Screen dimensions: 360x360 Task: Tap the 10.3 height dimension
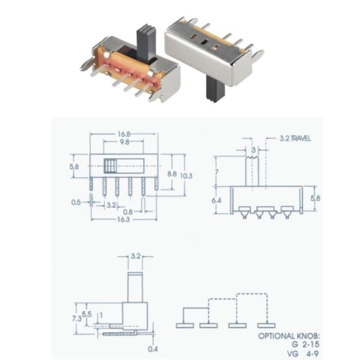[187, 175]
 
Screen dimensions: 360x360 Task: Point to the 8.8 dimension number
[172, 173]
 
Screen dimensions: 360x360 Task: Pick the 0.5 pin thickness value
[76, 202]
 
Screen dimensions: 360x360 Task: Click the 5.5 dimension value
[87, 313]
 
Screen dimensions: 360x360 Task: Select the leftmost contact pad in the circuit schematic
[185, 325]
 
